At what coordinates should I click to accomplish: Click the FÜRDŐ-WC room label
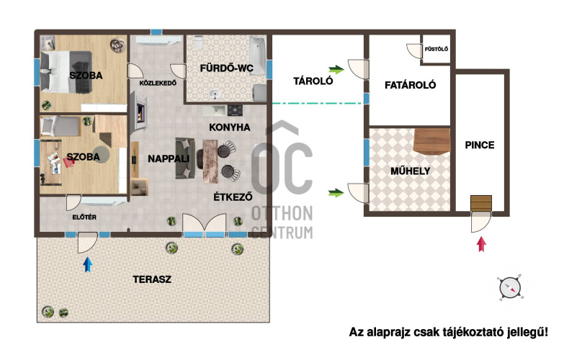[x=227, y=68]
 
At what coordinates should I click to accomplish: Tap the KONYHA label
[x=230, y=127]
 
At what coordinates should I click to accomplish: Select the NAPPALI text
[x=169, y=158]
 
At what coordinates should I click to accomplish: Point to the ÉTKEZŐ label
[x=233, y=197]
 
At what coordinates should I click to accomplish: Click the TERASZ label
[x=152, y=279]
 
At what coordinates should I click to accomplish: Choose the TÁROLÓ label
[x=313, y=81]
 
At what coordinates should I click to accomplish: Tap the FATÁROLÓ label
[x=410, y=85]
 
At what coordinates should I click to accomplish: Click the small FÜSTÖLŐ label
[x=437, y=49]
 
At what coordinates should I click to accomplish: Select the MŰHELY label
[x=410, y=171]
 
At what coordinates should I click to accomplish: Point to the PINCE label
[x=480, y=145]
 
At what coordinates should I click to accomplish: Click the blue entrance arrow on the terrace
[x=88, y=264]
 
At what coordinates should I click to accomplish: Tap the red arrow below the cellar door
[x=481, y=244]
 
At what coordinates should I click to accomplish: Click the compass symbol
[x=510, y=288]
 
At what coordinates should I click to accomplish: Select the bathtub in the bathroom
[x=258, y=55]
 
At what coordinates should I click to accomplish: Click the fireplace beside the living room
[x=140, y=111]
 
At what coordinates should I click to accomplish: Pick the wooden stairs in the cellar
[x=481, y=203]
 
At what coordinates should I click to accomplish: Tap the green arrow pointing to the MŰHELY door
[x=336, y=193]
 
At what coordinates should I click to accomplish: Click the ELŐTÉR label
[x=84, y=217]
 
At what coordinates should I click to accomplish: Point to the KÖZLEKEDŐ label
[x=158, y=83]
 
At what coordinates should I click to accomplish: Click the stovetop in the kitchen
[x=235, y=110]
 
